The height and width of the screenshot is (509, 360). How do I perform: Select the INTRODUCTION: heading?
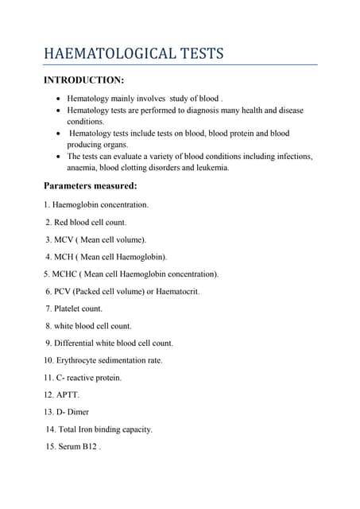pyautogui.click(x=83, y=80)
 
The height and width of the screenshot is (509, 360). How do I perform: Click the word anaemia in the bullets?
pyautogui.click(x=83, y=168)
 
